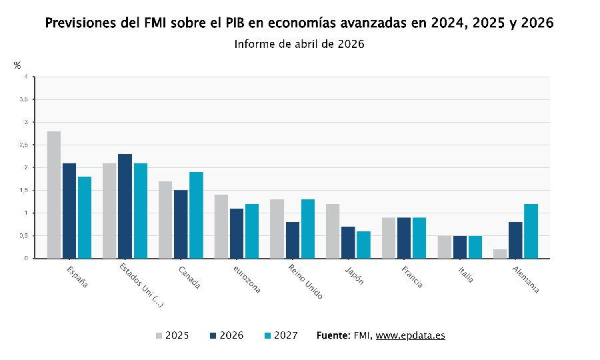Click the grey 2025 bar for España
(54, 195)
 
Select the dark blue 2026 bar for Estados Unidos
(125, 206)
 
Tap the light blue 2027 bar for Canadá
(196, 215)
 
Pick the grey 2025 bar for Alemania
(500, 254)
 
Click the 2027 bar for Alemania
(531, 231)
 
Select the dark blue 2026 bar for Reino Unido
(292, 240)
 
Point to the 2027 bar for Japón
(363, 245)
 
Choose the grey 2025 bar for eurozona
(221, 226)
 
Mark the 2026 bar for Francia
(404, 238)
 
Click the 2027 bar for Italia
(475, 247)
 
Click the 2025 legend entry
(172, 335)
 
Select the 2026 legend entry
(226, 335)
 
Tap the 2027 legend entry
(281, 335)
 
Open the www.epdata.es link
(410, 335)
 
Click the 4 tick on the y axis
(25, 77)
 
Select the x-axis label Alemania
(525, 279)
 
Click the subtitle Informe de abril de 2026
(299, 44)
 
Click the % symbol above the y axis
(17, 65)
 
